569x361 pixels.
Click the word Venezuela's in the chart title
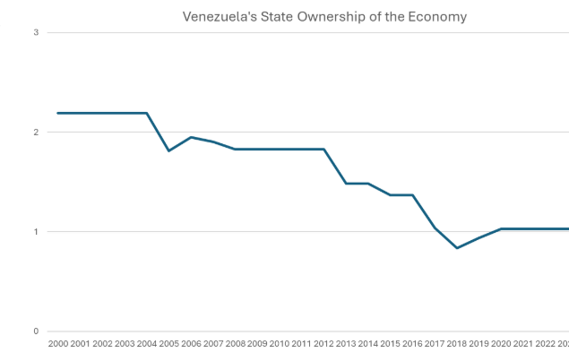[214, 17]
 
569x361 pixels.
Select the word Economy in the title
[438, 17]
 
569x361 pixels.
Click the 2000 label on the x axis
[58, 343]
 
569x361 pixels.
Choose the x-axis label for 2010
[280, 343]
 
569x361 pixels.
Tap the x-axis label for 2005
[169, 343]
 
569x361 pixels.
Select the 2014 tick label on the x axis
[368, 343]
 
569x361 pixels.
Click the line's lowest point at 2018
[457, 248]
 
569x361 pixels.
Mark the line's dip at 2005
[169, 151]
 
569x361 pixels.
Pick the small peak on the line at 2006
[191, 137]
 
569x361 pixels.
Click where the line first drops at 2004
[147, 113]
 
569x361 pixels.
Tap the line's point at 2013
[346, 183]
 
